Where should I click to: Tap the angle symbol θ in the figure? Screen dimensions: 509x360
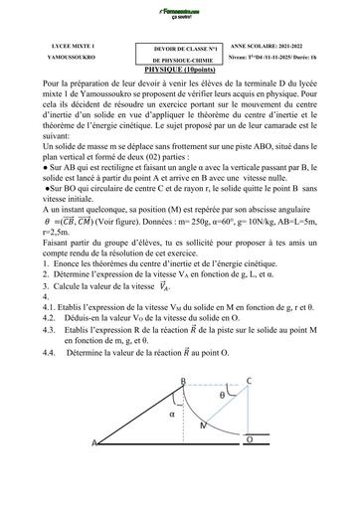225,394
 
